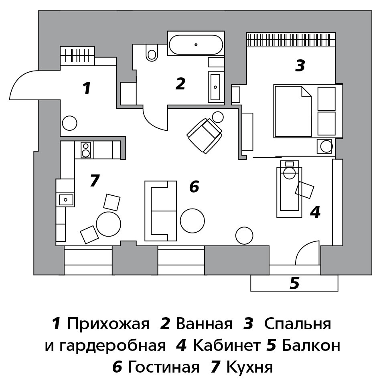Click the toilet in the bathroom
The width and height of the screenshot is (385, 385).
(152, 53)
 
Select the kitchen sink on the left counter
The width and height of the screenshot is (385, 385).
(65, 199)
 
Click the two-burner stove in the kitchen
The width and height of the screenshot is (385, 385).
(85, 150)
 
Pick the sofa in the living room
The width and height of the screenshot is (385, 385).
(160, 211)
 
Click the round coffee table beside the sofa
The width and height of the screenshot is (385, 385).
(192, 220)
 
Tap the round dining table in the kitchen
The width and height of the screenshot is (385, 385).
(108, 224)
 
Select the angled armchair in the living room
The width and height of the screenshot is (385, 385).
(205, 136)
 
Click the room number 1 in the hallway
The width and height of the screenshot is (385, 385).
(86, 88)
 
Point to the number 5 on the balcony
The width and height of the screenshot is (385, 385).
(294, 284)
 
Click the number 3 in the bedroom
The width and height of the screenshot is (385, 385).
(300, 65)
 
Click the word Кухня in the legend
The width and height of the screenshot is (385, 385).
(249, 367)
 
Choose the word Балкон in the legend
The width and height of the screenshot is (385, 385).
(311, 345)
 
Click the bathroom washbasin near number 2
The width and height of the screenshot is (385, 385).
(216, 87)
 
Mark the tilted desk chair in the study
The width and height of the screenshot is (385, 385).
(305, 190)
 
